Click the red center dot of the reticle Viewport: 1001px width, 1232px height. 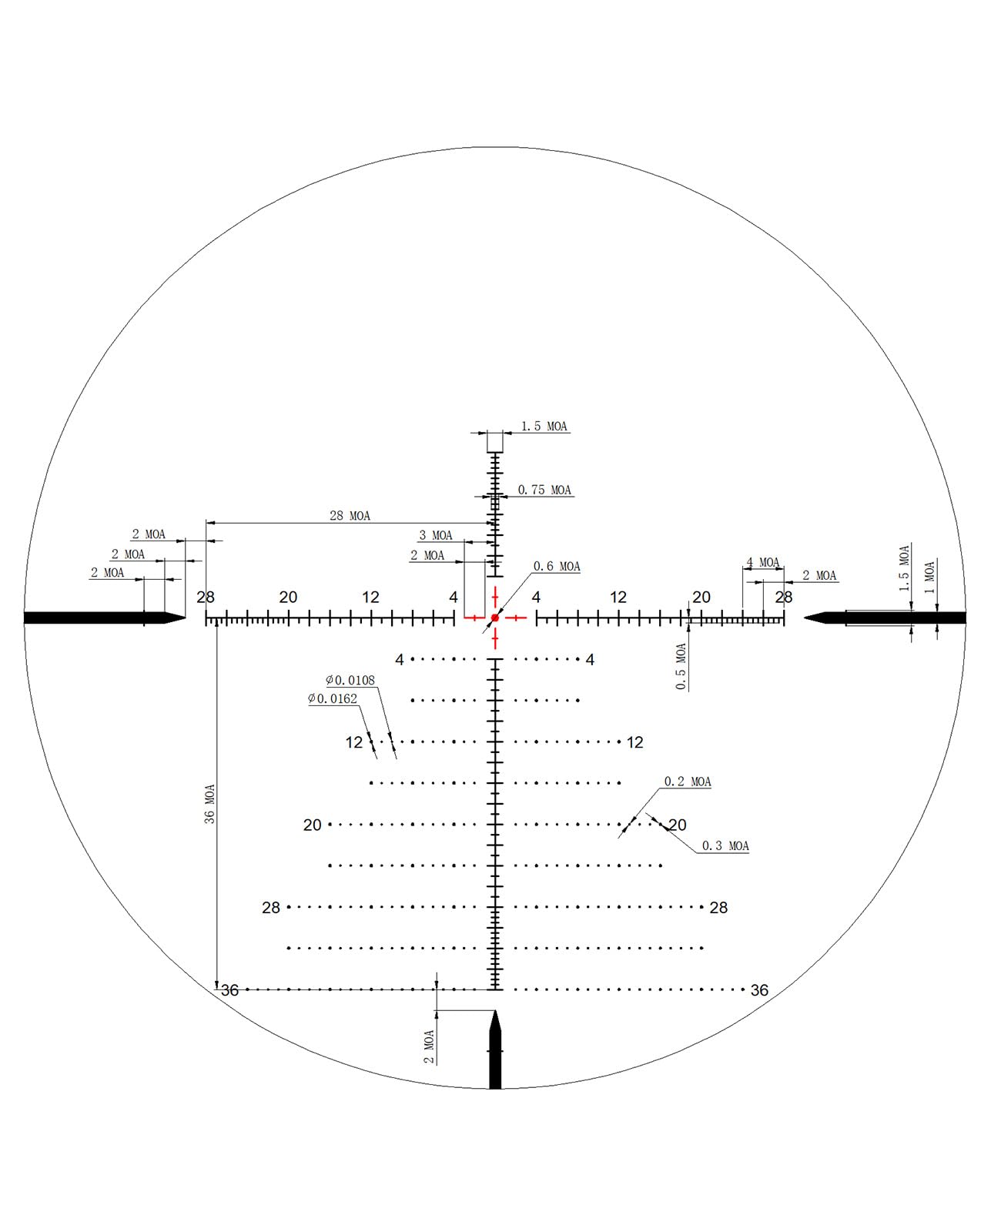(x=494, y=618)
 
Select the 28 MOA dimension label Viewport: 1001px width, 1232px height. (x=350, y=515)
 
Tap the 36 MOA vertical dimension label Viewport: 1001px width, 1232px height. (x=209, y=803)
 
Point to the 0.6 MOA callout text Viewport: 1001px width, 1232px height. (x=556, y=566)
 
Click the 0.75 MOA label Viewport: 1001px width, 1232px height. (x=544, y=490)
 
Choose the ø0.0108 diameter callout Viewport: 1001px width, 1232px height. (x=350, y=680)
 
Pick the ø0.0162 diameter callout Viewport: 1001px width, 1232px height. (x=333, y=698)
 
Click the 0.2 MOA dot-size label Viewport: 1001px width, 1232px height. (x=688, y=782)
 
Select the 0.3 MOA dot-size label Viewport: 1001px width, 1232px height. (x=725, y=845)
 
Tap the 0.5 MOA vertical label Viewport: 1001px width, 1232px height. (x=681, y=666)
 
